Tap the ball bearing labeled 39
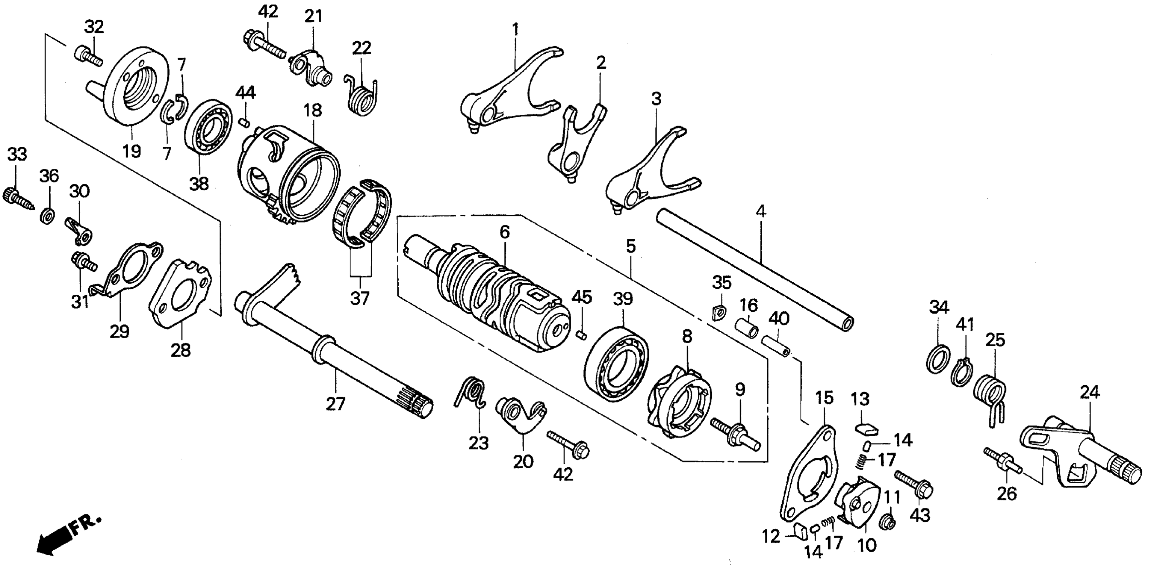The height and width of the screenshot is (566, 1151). (616, 362)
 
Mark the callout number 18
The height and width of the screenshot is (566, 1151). (313, 110)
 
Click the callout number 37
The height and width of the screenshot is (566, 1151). (360, 298)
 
